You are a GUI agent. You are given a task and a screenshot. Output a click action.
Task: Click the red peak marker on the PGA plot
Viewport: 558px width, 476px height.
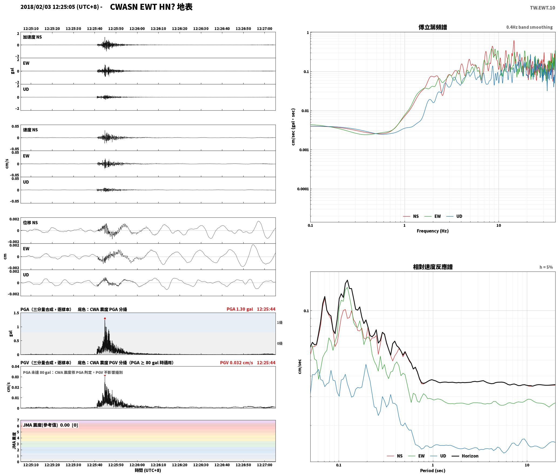(x=105, y=318)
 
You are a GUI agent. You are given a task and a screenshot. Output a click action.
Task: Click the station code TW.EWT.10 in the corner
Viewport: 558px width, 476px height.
(x=542, y=8)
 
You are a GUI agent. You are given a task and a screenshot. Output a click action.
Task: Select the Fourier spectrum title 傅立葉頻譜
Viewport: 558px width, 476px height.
(x=432, y=27)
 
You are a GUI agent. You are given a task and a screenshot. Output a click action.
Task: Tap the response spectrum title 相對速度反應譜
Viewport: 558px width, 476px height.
(x=433, y=267)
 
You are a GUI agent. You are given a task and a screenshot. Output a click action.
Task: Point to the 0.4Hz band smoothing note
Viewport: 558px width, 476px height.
(x=529, y=27)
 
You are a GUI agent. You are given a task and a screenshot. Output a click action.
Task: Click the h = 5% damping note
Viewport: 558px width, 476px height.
(x=546, y=267)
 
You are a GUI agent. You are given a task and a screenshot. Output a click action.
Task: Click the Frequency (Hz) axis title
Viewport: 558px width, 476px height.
(x=432, y=231)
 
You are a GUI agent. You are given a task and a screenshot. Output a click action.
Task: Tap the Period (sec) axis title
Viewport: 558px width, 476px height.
(x=432, y=471)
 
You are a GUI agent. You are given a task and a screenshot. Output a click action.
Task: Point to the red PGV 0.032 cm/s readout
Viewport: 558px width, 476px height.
(x=237, y=363)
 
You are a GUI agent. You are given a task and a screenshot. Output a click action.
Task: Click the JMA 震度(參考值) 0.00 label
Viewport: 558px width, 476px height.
(x=46, y=425)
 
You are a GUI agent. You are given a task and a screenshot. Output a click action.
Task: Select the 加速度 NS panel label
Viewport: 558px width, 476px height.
(x=32, y=37)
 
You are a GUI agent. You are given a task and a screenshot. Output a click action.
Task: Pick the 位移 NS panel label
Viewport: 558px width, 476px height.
(x=30, y=223)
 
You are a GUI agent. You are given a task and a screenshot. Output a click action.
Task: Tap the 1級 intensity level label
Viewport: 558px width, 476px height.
(x=280, y=322)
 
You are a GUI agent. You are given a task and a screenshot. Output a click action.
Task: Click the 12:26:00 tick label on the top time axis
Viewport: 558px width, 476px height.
(x=137, y=29)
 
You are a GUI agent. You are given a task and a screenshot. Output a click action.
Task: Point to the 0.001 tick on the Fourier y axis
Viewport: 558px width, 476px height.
(x=304, y=150)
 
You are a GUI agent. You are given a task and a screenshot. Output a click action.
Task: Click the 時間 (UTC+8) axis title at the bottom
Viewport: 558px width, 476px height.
(x=148, y=470)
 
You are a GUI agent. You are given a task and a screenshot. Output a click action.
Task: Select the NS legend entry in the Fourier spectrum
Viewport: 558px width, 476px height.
(x=411, y=216)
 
